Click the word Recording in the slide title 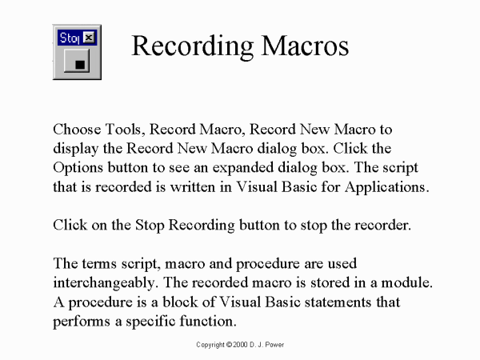pyautogui.click(x=193, y=46)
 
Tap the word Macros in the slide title pyautogui.click(x=305, y=46)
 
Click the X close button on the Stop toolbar pyautogui.click(x=89, y=38)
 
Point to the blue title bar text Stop pyautogui.click(x=70, y=38)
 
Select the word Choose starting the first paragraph pyautogui.click(x=77, y=129)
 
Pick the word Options pyautogui.click(x=78, y=168)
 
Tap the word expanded pyautogui.click(x=243, y=168)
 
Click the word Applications pyautogui.click(x=386, y=187)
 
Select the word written pyautogui.click(x=193, y=187)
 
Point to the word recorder pyautogui.click(x=382, y=226)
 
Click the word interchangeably pyautogui.click(x=106, y=283)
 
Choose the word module pyautogui.click(x=406, y=282)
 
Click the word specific pyautogui.click(x=150, y=322)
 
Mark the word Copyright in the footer pyautogui.click(x=210, y=345)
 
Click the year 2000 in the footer pyautogui.click(x=240, y=345)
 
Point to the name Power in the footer pyautogui.click(x=274, y=345)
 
